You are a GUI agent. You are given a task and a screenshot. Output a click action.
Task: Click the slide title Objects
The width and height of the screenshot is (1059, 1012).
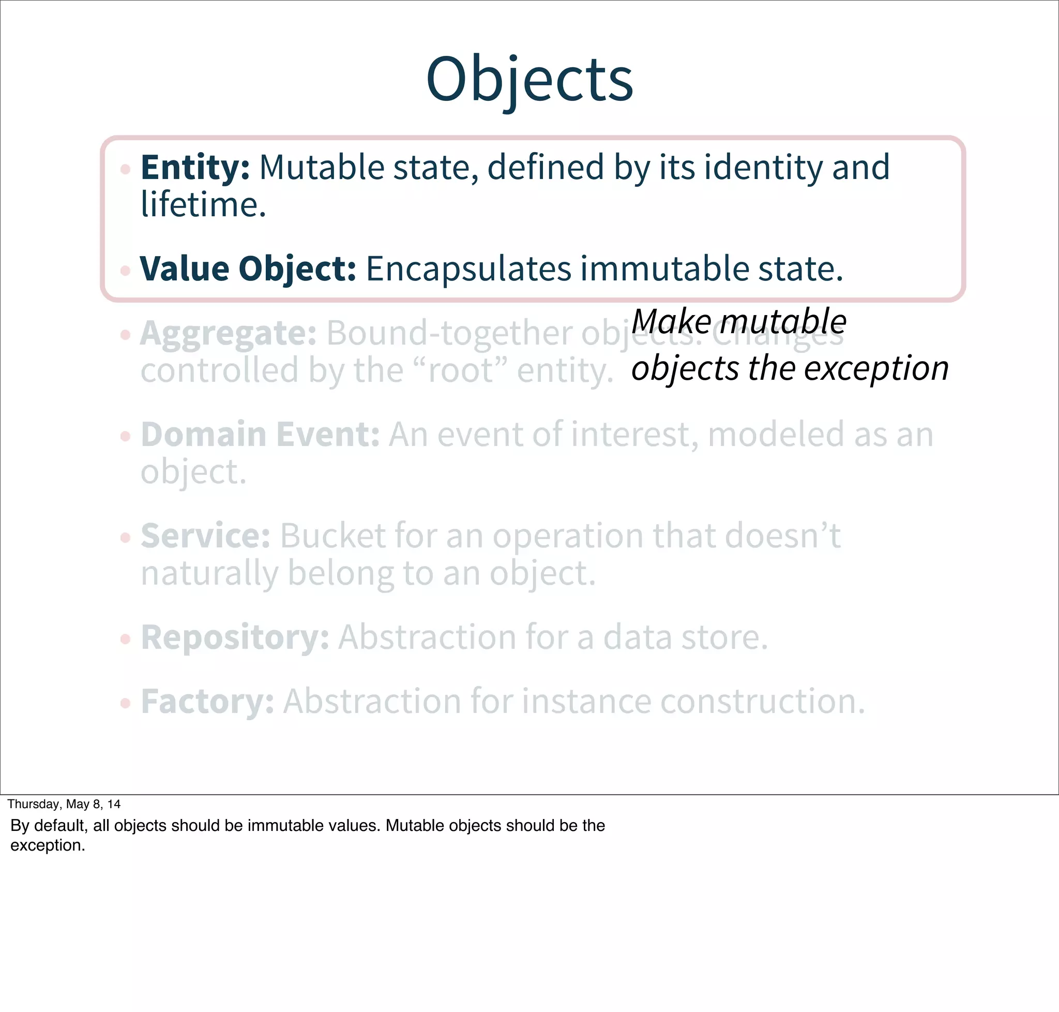pos(529,80)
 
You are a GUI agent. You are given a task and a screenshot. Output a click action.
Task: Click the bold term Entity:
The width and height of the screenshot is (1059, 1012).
pos(194,167)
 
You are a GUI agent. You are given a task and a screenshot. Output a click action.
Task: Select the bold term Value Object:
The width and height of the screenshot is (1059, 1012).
pos(248,268)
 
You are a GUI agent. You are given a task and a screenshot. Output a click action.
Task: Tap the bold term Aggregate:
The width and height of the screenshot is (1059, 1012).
pos(228,333)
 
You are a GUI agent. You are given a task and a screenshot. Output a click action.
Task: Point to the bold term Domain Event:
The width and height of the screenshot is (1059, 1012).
pos(260,434)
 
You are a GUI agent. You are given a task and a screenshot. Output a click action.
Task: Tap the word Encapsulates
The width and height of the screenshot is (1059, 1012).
pos(468,268)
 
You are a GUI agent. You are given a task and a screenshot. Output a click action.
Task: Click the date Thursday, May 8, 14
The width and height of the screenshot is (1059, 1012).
pos(64,805)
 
